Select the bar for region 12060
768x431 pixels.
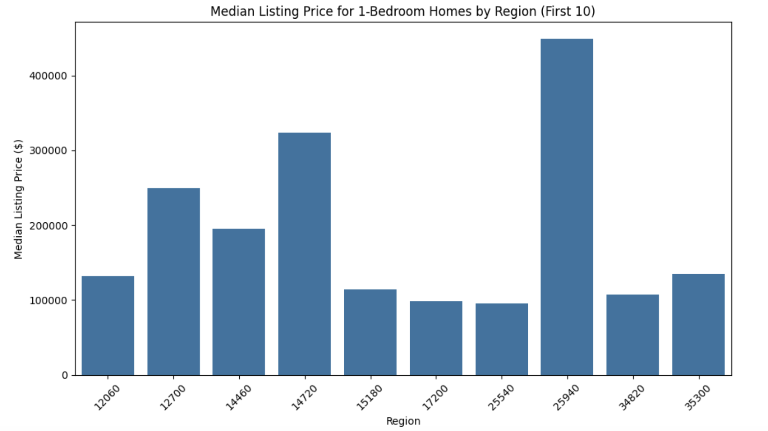point(108,326)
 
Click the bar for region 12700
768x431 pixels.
point(173,282)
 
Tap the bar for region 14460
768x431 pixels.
point(239,302)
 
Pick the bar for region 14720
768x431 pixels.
point(304,254)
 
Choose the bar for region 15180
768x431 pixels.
point(370,332)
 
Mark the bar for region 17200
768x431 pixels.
point(436,338)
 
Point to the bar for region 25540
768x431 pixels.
point(502,339)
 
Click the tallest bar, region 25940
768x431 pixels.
point(567,207)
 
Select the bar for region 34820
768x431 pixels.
point(633,335)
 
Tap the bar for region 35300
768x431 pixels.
point(698,324)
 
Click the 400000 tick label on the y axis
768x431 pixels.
point(48,76)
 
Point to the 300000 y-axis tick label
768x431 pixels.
point(48,151)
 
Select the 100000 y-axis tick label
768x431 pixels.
point(48,300)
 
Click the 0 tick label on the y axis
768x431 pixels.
point(65,375)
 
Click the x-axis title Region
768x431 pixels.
point(403,421)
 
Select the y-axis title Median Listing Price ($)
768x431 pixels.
point(18,199)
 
